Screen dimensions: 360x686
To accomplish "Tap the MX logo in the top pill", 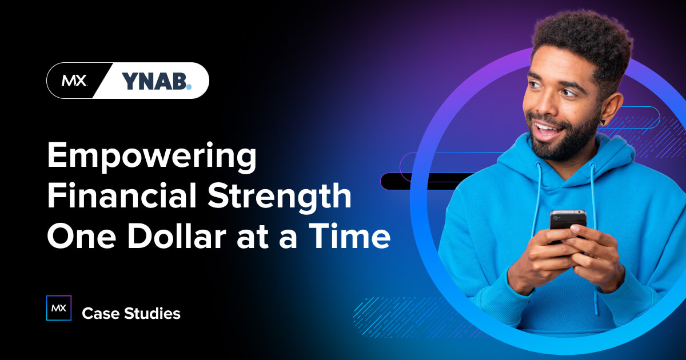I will [x=74, y=81].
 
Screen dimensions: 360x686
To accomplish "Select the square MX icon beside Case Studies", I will [x=58, y=309].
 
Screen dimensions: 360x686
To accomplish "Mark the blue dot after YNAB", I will [x=189, y=87].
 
